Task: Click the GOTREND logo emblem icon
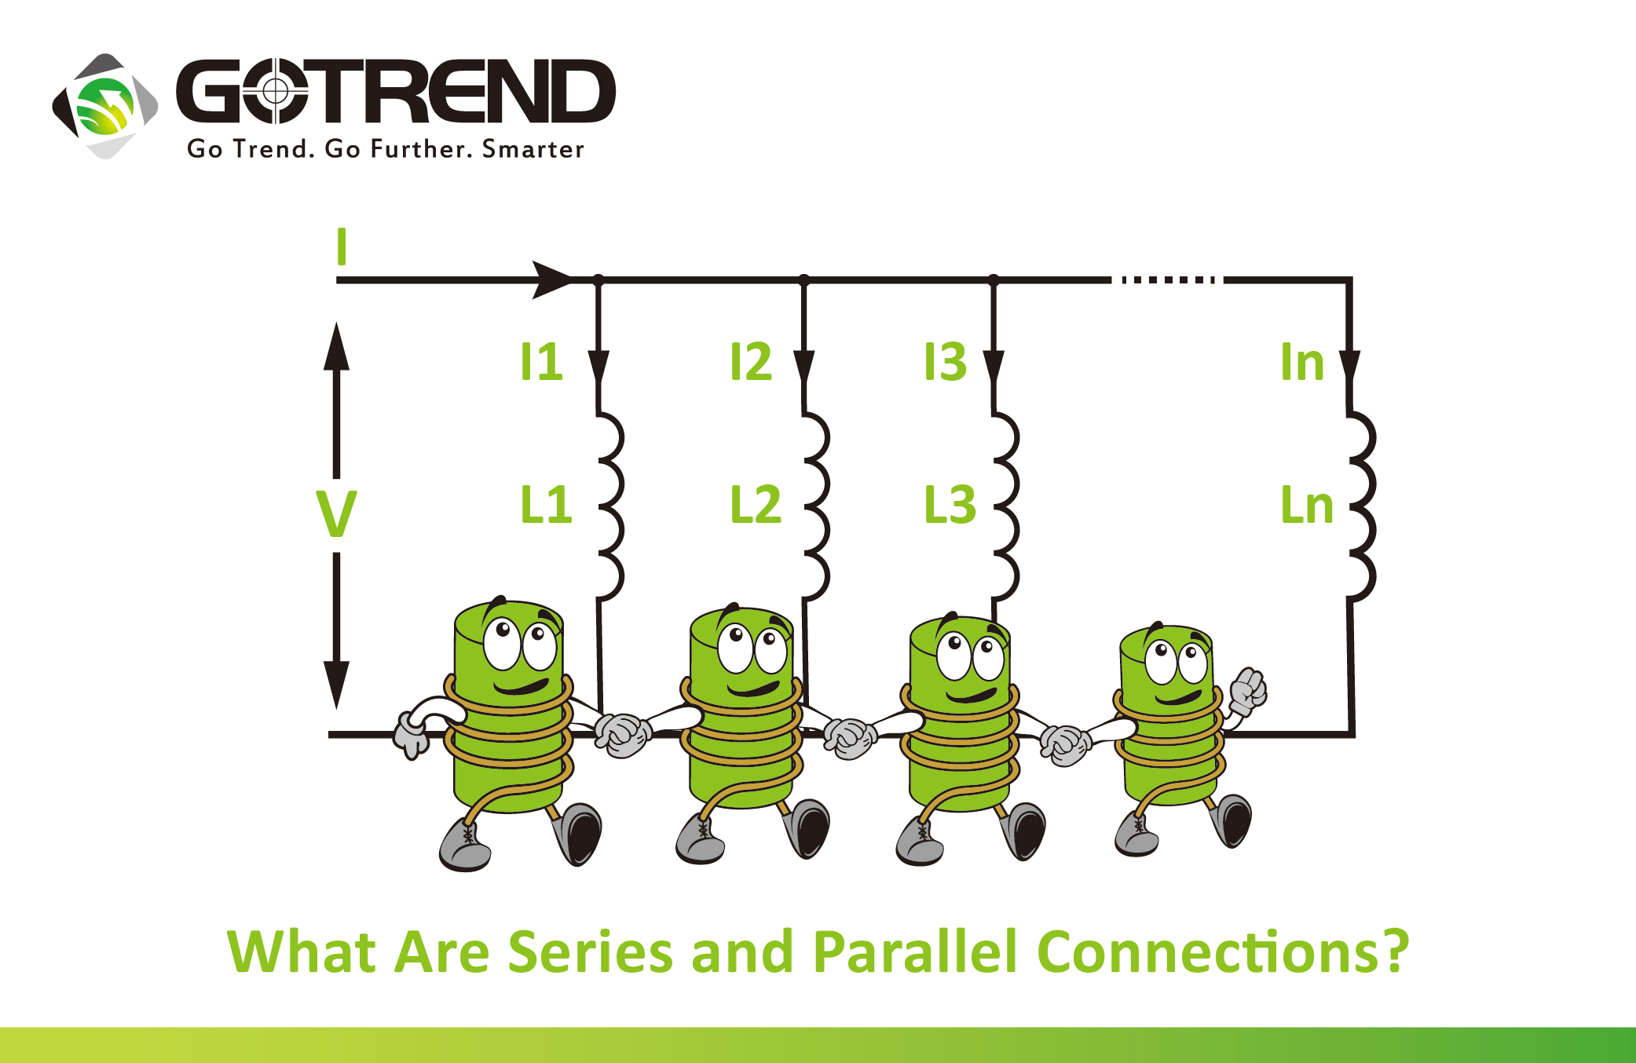tap(105, 106)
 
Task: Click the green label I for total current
tap(341, 247)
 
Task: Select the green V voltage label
tap(336, 514)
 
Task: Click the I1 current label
tap(541, 362)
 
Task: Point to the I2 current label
tap(751, 362)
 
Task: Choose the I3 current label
tap(945, 362)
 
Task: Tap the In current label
tap(1302, 362)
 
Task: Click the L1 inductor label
tap(546, 504)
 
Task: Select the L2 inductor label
tap(756, 504)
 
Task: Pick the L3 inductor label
tap(950, 504)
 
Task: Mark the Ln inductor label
tap(1307, 504)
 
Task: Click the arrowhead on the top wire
tap(553, 279)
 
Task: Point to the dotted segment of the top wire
tap(1169, 279)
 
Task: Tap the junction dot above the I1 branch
tap(598, 279)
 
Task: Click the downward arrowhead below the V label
tap(337, 683)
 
